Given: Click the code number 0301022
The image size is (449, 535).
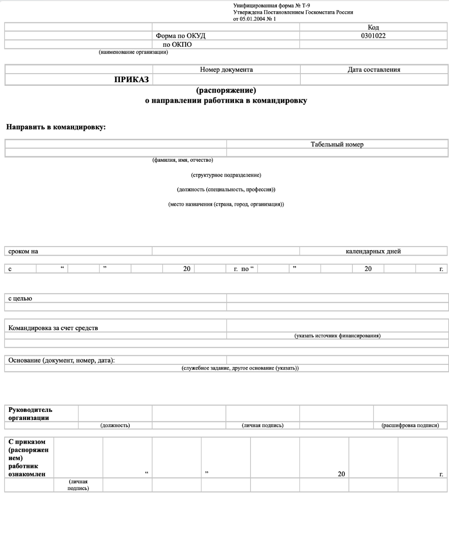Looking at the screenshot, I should tap(373, 36).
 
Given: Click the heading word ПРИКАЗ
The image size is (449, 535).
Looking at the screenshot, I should tap(131, 80).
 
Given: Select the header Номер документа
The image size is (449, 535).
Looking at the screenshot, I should tap(226, 70).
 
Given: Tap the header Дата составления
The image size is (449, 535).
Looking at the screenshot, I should tap(374, 70).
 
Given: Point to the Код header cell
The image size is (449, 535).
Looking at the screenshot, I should tap(373, 27).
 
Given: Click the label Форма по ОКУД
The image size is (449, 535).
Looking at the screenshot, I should tap(180, 36).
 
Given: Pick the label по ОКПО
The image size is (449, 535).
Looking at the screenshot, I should tap(177, 44).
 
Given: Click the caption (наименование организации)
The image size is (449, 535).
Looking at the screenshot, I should tap(133, 52).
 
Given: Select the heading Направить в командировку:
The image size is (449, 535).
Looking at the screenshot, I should tap(56, 127).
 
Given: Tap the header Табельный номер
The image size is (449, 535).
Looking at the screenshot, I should tap(337, 144).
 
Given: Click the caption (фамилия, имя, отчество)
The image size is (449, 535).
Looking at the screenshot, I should tap(183, 160).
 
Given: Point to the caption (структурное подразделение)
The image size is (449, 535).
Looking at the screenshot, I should tap(226, 175).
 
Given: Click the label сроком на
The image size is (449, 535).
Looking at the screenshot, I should tap(23, 252).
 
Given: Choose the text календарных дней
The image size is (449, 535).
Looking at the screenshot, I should tap(373, 252).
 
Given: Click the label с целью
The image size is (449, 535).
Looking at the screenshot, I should tap(20, 298).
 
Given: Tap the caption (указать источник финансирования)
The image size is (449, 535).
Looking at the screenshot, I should tap(337, 336).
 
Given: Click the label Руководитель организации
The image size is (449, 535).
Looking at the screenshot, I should tap(30, 414).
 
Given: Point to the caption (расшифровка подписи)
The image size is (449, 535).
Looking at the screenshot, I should tap(410, 425).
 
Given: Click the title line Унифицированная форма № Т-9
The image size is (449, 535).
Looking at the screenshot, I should tap(271, 5).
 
